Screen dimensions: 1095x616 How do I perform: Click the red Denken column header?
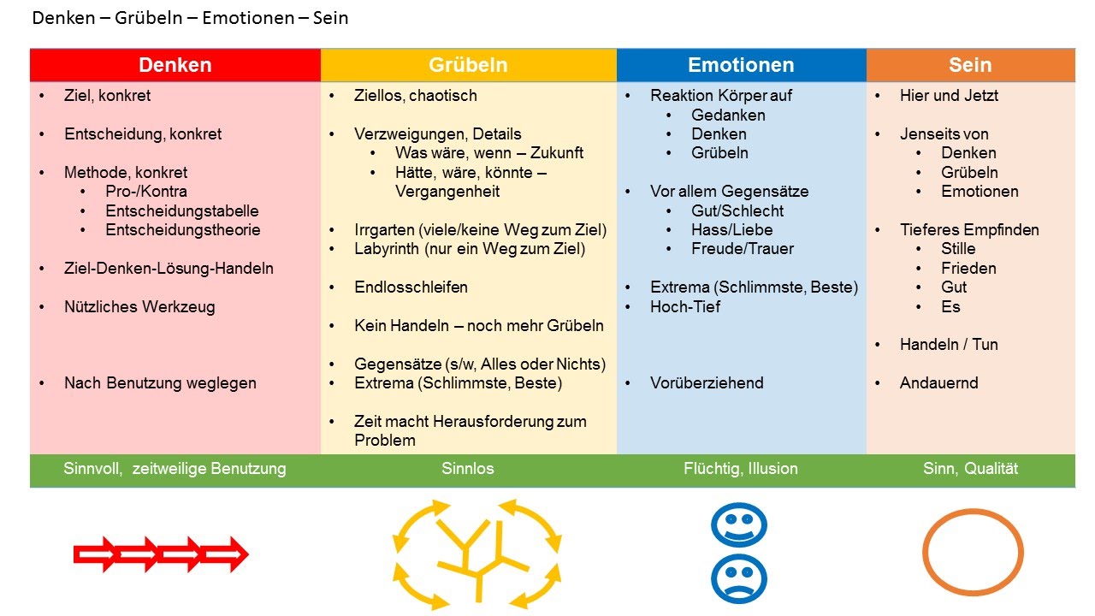tap(175, 65)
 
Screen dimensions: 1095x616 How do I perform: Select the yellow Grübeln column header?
tap(468, 65)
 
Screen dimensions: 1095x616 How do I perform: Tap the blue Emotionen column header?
tap(741, 65)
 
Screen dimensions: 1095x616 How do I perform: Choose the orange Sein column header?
tap(970, 65)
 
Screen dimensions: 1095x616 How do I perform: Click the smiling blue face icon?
tap(738, 524)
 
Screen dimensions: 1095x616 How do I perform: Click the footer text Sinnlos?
tap(468, 468)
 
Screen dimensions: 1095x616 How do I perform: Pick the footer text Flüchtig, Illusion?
tap(741, 468)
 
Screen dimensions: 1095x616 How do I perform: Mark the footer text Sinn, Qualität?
tap(970, 468)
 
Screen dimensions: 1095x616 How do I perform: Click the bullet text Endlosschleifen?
tap(411, 287)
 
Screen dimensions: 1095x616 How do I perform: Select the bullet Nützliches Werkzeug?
tap(139, 306)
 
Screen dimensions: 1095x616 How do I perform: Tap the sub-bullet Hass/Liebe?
tap(731, 229)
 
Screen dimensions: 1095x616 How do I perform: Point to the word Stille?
tap(958, 249)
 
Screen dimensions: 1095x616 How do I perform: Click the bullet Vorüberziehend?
tap(707, 382)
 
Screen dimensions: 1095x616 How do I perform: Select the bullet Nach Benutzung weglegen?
tap(160, 382)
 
